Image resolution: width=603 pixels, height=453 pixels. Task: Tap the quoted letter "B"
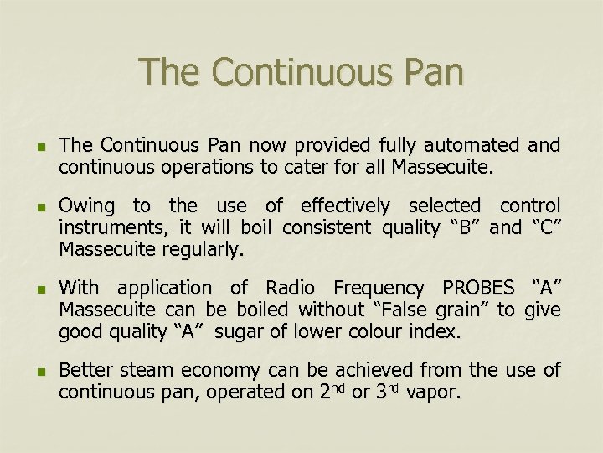(461, 226)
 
